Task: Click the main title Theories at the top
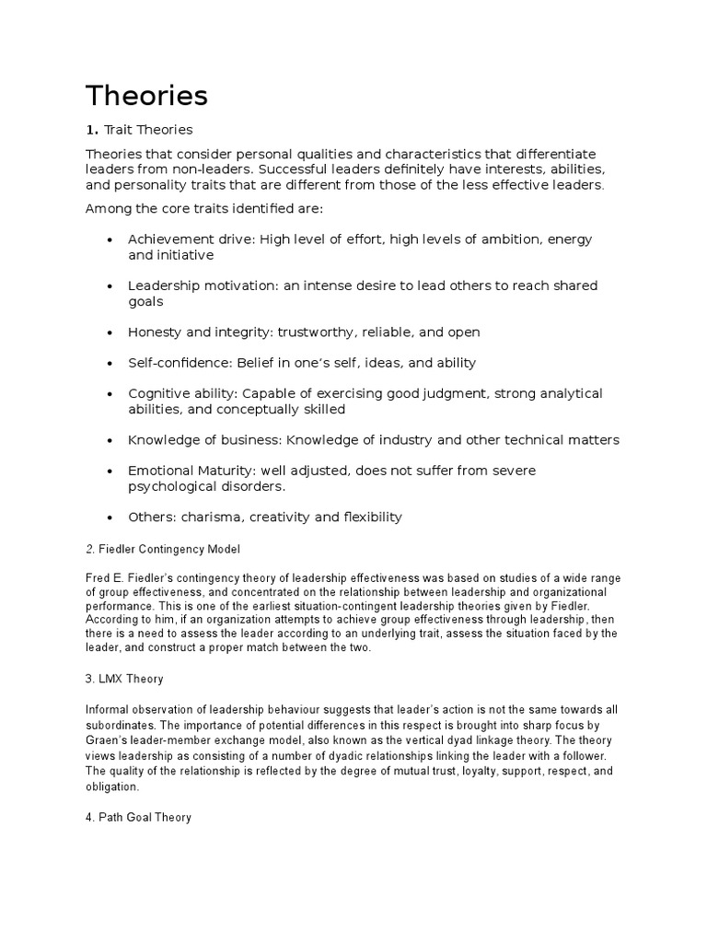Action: pos(146,96)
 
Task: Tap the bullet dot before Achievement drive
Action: pos(110,239)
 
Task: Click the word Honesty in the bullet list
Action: pos(156,332)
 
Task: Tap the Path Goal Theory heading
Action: pos(138,817)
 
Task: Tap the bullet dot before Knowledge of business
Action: pos(110,440)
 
